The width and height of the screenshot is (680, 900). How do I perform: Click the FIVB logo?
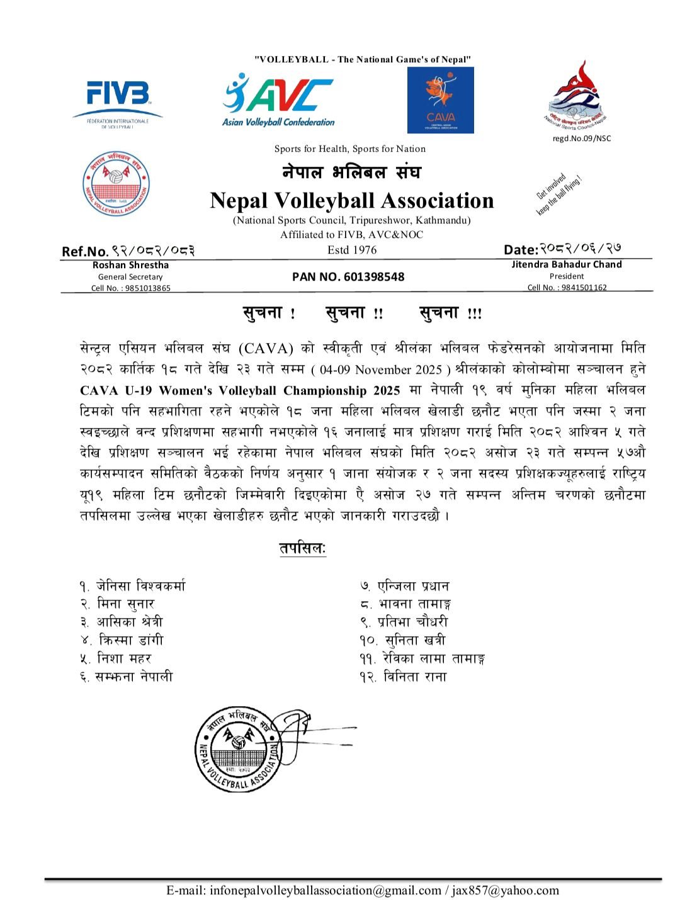pyautogui.click(x=118, y=99)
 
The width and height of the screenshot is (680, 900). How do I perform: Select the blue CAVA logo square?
pyautogui.click(x=440, y=100)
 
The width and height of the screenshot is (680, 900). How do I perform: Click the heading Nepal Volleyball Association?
pyautogui.click(x=351, y=200)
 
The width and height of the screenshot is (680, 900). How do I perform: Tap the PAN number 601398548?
pyautogui.click(x=348, y=276)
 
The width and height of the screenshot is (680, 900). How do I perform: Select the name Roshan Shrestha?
pyautogui.click(x=130, y=265)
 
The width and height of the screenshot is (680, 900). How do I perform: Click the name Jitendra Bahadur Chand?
pyautogui.click(x=566, y=264)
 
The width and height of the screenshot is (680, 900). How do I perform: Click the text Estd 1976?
pyautogui.click(x=351, y=250)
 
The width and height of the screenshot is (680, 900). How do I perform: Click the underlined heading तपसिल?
pyautogui.click(x=303, y=548)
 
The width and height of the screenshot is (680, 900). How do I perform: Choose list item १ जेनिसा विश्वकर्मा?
pyautogui.click(x=133, y=586)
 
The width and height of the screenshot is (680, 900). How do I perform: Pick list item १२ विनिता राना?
pyautogui.click(x=404, y=677)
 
